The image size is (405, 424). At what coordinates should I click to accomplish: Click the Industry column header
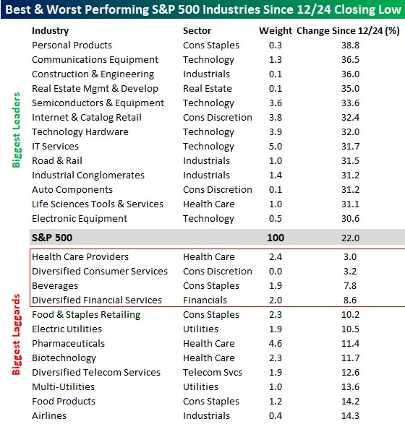[x=51, y=31]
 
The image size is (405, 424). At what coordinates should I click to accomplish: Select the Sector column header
[x=197, y=31]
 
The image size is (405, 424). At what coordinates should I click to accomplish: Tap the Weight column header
[x=276, y=31]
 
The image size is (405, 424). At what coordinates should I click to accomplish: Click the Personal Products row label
[x=72, y=46]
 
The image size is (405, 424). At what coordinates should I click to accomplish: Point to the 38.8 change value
[x=350, y=46]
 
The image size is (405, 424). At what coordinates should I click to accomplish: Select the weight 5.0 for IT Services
[x=276, y=147]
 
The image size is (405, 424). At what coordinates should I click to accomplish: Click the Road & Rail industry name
[x=57, y=160]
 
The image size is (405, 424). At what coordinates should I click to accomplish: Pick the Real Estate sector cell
[x=208, y=88]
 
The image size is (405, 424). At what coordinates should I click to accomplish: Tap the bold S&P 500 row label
[x=52, y=238]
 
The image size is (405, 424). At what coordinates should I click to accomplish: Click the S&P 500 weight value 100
[x=276, y=238]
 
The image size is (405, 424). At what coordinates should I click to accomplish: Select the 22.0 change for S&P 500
[x=350, y=238]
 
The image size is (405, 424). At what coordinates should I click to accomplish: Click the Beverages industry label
[x=55, y=286]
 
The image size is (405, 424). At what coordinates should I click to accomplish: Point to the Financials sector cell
[x=205, y=300]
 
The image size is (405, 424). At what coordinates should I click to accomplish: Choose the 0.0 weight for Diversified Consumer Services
[x=276, y=271]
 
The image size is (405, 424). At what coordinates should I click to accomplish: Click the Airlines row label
[x=49, y=415]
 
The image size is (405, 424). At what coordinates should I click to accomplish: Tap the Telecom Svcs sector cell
[x=213, y=372]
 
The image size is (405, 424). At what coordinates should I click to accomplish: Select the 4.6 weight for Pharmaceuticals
[x=276, y=343]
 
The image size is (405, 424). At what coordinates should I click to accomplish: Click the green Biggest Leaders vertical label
[x=16, y=130]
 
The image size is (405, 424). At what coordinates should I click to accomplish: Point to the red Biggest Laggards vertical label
[x=16, y=334]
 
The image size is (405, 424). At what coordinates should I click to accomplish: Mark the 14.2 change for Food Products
[x=350, y=402]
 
